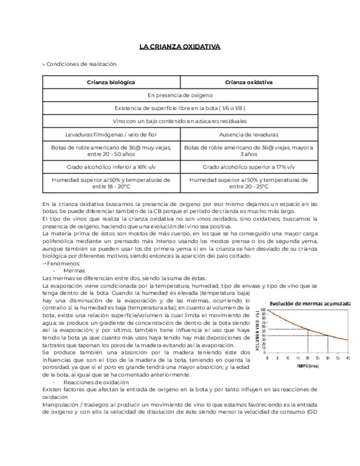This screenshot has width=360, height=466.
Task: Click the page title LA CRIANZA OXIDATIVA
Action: click(180, 47)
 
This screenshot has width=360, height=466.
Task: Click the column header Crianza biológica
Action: click(111, 82)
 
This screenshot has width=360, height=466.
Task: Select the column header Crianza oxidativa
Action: click(249, 82)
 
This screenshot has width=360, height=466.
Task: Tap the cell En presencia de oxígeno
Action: click(180, 95)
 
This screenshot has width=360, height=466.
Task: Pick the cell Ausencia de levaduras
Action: click(249, 134)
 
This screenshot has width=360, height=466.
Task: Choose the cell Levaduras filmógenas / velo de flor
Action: click(111, 134)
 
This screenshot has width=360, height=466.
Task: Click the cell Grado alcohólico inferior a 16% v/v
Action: click(111, 167)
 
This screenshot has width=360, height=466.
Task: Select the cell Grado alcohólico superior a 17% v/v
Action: click(249, 167)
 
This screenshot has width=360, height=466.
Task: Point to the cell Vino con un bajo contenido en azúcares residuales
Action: click(180, 121)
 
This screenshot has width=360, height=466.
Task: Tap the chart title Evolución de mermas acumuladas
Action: click(310, 303)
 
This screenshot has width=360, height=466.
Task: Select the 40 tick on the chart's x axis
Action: click(347, 358)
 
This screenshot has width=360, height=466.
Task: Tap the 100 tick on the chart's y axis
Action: click(263, 310)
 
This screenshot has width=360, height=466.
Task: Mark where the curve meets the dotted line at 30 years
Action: click(328, 335)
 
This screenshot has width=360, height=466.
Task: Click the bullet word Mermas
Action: click(74, 271)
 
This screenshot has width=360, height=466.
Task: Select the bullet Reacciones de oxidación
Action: click(96, 382)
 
